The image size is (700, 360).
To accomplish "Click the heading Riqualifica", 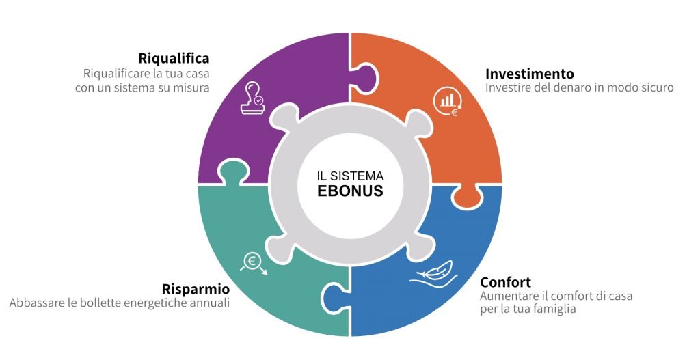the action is (174, 59).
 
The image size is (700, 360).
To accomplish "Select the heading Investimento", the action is (530, 74).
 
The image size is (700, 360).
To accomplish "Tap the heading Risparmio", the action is (196, 289).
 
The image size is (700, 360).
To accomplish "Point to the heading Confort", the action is (505, 282).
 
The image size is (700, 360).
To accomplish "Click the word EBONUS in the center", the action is (350, 191).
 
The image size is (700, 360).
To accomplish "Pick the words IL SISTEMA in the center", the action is (350, 176).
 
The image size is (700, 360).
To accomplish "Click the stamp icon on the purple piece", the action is (252, 98).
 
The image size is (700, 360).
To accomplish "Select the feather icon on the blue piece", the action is (433, 273).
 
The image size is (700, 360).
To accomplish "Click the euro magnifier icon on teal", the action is (254, 263).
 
